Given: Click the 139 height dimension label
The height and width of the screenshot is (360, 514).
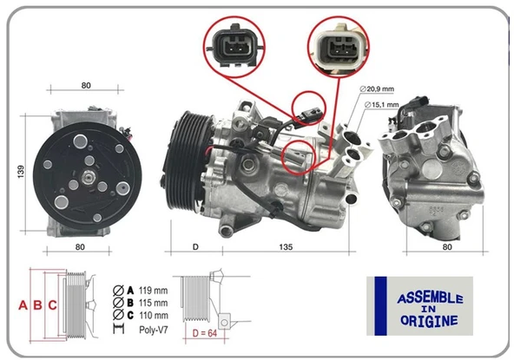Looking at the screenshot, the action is pyautogui.click(x=21, y=172).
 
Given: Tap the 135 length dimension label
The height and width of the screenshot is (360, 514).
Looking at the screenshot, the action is pyautogui.click(x=286, y=247).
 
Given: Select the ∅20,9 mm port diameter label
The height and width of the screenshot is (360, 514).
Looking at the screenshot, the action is pyautogui.click(x=377, y=88).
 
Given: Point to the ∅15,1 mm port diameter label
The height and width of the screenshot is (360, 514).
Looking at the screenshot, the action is pyautogui.click(x=381, y=105).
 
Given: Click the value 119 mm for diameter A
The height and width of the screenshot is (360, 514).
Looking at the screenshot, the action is pyautogui.click(x=153, y=291).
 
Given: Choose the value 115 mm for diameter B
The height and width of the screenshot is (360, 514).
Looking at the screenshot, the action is pyautogui.click(x=153, y=303).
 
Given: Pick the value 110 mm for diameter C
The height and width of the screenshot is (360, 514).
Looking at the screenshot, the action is pyautogui.click(x=153, y=316).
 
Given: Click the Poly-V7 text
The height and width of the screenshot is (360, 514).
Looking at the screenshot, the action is pyautogui.click(x=154, y=330).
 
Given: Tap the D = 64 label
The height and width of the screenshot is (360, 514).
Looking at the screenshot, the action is pyautogui.click(x=205, y=333).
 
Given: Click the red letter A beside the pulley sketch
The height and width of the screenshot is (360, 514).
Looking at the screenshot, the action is pyautogui.click(x=23, y=305).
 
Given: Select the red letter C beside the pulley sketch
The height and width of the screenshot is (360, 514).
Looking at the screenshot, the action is pyautogui.click(x=52, y=305).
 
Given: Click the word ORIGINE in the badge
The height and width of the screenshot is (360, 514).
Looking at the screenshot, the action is pyautogui.click(x=429, y=321).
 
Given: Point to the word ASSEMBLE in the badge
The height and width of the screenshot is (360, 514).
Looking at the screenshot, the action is pyautogui.click(x=430, y=298).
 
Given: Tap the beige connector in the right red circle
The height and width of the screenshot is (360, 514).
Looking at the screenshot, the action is pyautogui.click(x=339, y=47).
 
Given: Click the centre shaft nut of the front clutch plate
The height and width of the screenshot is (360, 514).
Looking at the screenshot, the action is pyautogui.click(x=88, y=177).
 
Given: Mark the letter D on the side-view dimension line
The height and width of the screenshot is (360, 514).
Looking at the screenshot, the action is pyautogui.click(x=195, y=247).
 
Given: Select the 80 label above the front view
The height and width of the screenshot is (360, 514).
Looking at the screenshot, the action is pyautogui.click(x=86, y=86).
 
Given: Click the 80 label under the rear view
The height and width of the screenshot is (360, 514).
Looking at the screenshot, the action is pyautogui.click(x=447, y=247).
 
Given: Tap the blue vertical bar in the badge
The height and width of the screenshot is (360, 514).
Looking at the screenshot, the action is pyautogui.click(x=380, y=306).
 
